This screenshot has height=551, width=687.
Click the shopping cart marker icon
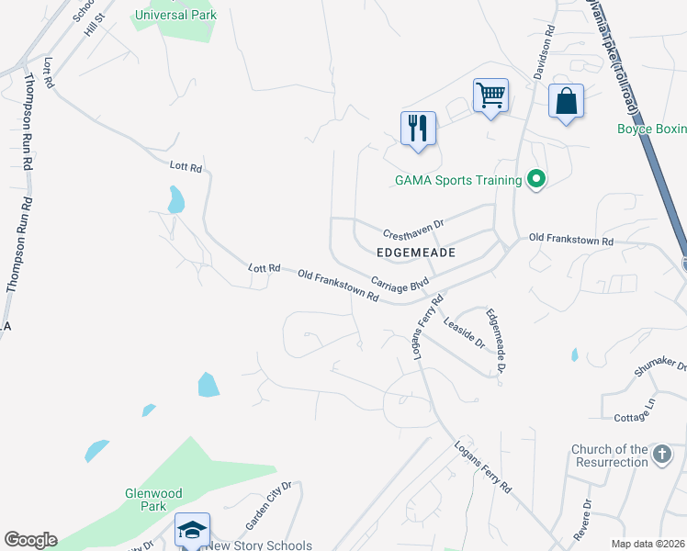click(x=491, y=96)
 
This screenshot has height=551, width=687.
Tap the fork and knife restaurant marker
click(x=418, y=129)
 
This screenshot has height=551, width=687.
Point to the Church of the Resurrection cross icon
click(x=662, y=454)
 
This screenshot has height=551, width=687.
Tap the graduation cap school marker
click(x=193, y=530)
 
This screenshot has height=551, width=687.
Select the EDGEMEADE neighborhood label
click(x=417, y=251)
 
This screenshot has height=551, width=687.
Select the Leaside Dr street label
click(x=464, y=333)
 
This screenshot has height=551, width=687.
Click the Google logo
click(x=30, y=540)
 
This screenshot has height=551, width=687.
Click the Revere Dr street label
click(x=582, y=518)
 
